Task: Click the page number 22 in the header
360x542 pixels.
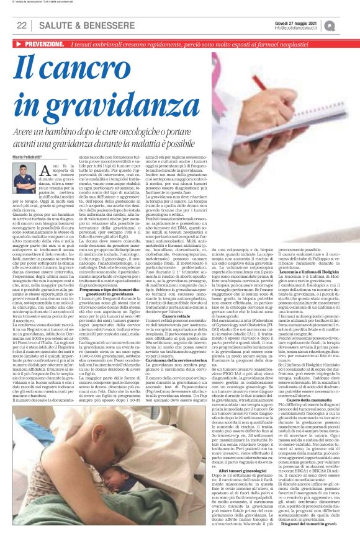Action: [x=21, y=25]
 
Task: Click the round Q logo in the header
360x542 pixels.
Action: [x=346, y=25]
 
